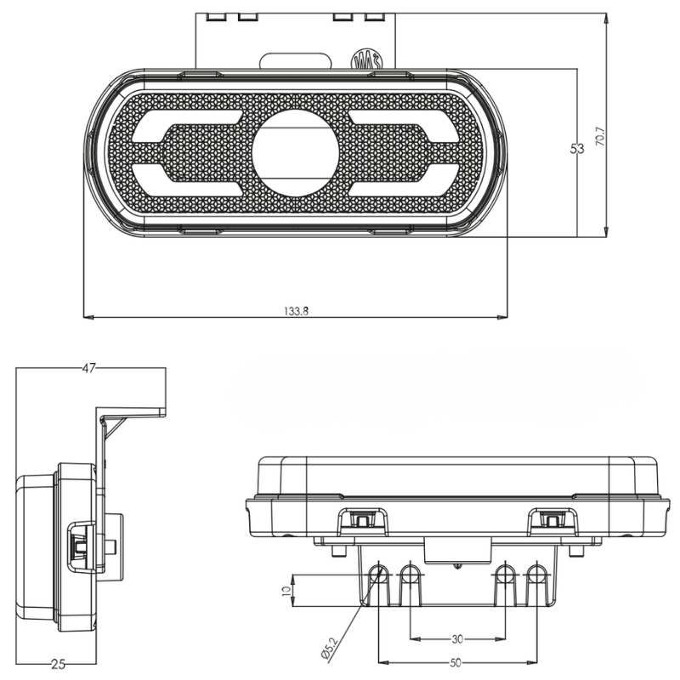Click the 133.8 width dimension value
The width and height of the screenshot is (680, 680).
pos(296,311)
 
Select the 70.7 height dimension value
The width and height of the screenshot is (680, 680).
pos(600,136)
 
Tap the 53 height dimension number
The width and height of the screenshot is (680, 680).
pos(577,150)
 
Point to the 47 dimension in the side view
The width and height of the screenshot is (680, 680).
pos(89,368)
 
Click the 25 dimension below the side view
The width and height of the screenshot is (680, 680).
pos(57,664)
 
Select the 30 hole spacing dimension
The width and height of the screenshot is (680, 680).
pos(456,638)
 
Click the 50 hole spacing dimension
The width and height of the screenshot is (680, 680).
pos(456,661)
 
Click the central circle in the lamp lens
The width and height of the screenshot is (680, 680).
pos(295,150)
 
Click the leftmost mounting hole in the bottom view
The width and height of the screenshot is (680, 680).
pos(378,575)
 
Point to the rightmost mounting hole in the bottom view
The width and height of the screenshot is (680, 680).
pos(535,575)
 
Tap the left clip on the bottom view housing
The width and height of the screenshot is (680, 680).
pos(363,520)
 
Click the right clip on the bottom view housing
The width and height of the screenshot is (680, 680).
pos(551,520)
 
